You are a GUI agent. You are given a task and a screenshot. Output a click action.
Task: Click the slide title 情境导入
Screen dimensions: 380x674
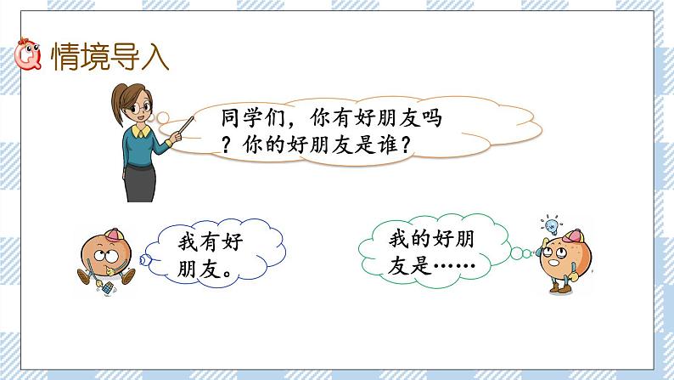point(110,57)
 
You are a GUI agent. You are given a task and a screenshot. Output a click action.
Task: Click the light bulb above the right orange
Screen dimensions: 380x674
point(549,225)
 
